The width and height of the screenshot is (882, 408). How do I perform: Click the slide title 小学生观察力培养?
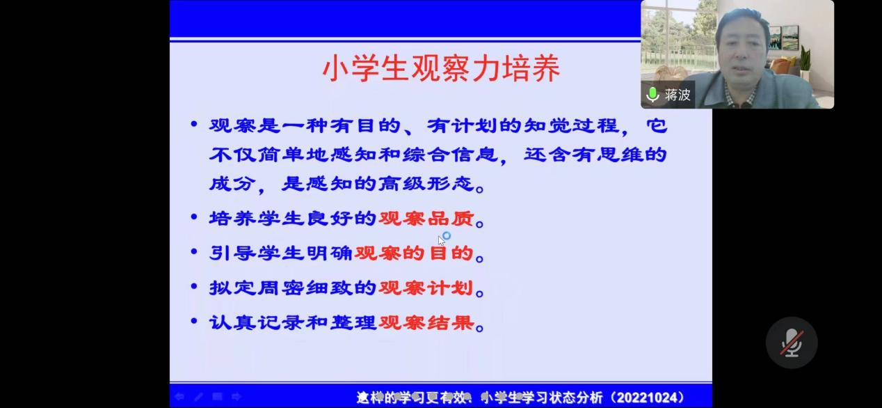[x=442, y=68]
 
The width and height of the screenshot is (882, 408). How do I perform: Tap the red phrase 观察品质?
[x=426, y=219]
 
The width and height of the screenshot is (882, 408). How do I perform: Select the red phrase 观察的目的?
[x=414, y=253]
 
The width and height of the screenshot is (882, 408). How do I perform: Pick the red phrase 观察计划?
[x=426, y=288]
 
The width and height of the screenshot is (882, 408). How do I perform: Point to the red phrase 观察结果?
[x=426, y=322]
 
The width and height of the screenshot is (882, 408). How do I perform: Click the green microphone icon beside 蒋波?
[x=652, y=95]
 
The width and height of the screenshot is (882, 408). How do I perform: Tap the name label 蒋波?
[x=677, y=95]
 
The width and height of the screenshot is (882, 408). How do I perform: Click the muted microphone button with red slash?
[x=792, y=343]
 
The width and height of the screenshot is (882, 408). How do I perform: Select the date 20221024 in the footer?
[x=650, y=397]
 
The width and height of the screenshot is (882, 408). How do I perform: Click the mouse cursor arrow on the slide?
[x=441, y=241]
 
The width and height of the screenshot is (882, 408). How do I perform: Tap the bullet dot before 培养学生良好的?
[x=194, y=217]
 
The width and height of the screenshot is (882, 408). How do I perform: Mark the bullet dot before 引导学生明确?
[x=194, y=251]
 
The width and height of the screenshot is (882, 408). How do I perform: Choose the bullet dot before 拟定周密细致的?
[x=194, y=285]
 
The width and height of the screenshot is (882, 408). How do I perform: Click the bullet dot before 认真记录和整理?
[x=194, y=320]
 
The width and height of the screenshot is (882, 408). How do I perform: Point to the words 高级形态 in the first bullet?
[x=426, y=184]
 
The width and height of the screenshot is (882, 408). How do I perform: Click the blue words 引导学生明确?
[x=281, y=253]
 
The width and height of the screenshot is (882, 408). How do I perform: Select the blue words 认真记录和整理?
[x=293, y=322]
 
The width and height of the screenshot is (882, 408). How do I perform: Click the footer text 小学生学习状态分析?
[x=542, y=397]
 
